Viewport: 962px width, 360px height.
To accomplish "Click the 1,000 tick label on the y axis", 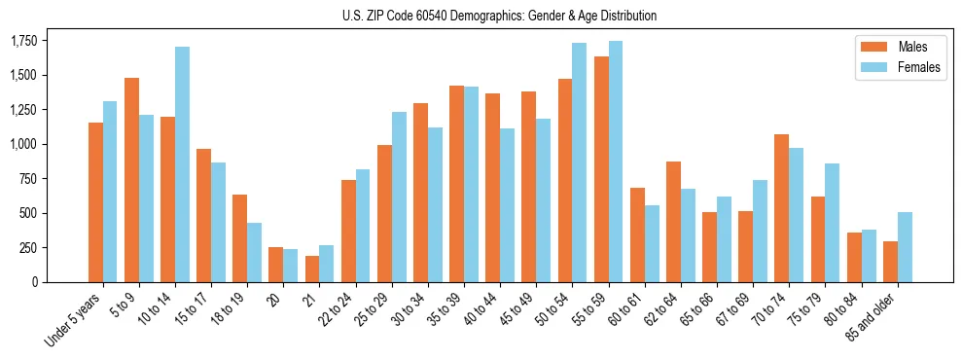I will point(23,144).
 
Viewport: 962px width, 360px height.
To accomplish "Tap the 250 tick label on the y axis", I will point(29,247).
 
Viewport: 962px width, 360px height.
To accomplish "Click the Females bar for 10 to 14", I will point(183,164).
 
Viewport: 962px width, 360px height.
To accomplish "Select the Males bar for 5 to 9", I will point(131,180).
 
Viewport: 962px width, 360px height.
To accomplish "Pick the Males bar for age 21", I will point(312,269).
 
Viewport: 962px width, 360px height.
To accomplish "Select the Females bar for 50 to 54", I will point(580,162).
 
